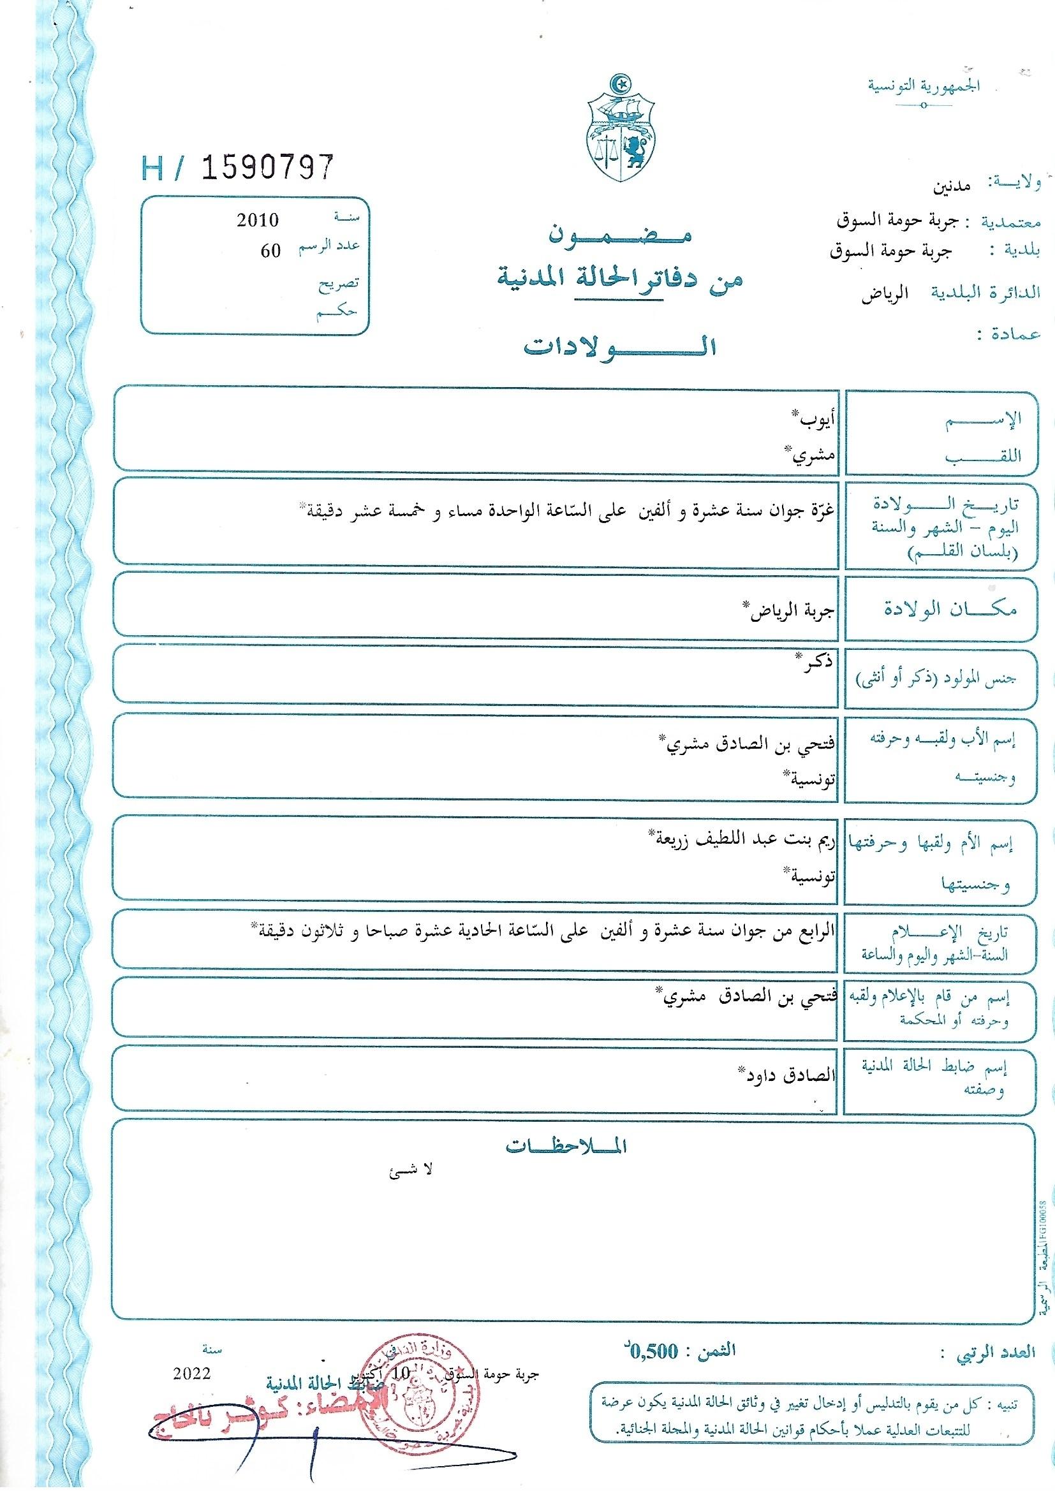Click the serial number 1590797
pyautogui.click(x=268, y=168)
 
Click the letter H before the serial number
pyautogui.click(x=152, y=169)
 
